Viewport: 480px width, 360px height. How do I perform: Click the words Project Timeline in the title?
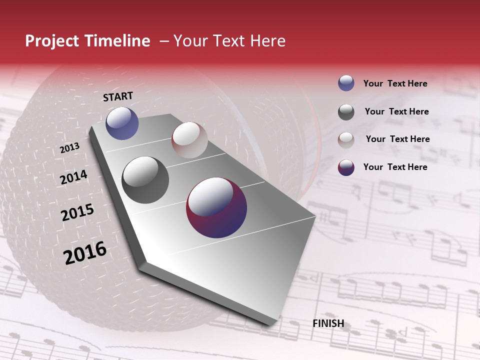[87, 41]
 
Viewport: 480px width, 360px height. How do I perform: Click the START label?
[118, 96]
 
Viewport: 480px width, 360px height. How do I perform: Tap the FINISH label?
[328, 323]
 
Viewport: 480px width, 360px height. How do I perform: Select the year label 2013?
[70, 148]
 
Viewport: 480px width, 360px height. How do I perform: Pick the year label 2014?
[74, 177]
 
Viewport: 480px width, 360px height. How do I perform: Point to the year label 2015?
[77, 212]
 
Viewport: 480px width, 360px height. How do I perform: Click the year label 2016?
[85, 253]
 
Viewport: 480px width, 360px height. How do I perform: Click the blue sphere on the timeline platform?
[122, 123]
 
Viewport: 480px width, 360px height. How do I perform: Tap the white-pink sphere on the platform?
[189, 140]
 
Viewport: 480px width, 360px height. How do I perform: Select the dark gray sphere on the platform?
[145, 180]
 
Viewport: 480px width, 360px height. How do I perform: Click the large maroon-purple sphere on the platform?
[216, 207]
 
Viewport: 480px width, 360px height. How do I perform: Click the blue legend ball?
[346, 83]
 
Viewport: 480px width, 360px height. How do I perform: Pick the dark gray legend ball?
[346, 112]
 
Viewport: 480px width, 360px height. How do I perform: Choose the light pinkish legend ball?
[346, 139]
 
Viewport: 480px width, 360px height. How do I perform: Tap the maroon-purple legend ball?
[346, 167]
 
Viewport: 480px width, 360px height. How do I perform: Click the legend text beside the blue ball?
[395, 83]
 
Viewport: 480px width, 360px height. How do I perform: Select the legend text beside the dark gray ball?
[396, 111]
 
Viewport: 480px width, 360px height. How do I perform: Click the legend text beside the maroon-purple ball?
[395, 167]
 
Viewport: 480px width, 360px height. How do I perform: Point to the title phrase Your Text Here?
[229, 41]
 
